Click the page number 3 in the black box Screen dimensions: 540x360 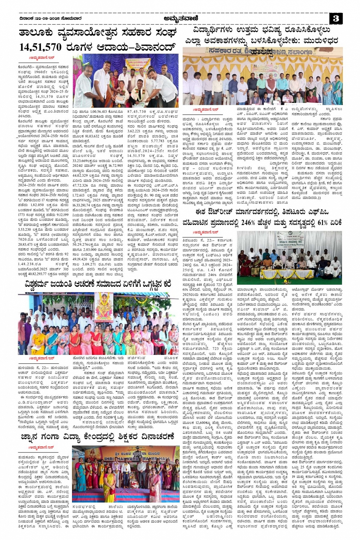pyautogui.click(x=335, y=19)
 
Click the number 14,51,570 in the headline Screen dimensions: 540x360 pyautogui.click(x=40, y=47)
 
